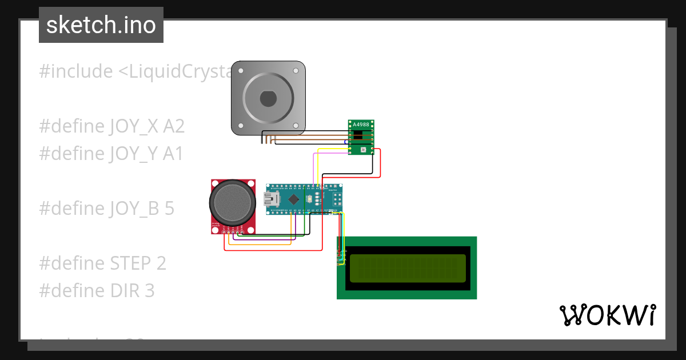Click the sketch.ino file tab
coord(101,25)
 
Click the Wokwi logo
coord(607,315)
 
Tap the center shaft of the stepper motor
coord(268,99)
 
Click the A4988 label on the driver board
coord(361,125)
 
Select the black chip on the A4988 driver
coord(358,135)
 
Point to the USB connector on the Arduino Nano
coord(269,199)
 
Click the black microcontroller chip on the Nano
coord(294,199)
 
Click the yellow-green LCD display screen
coord(406,268)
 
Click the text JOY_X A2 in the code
coord(146,126)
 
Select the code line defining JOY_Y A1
coord(111,154)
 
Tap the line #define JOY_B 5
coord(107,209)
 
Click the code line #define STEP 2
coord(103,263)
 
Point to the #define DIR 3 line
coord(97,291)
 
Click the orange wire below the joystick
coord(260,245)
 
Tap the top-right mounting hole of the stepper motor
coord(296,71)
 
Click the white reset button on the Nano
coord(309,199)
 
